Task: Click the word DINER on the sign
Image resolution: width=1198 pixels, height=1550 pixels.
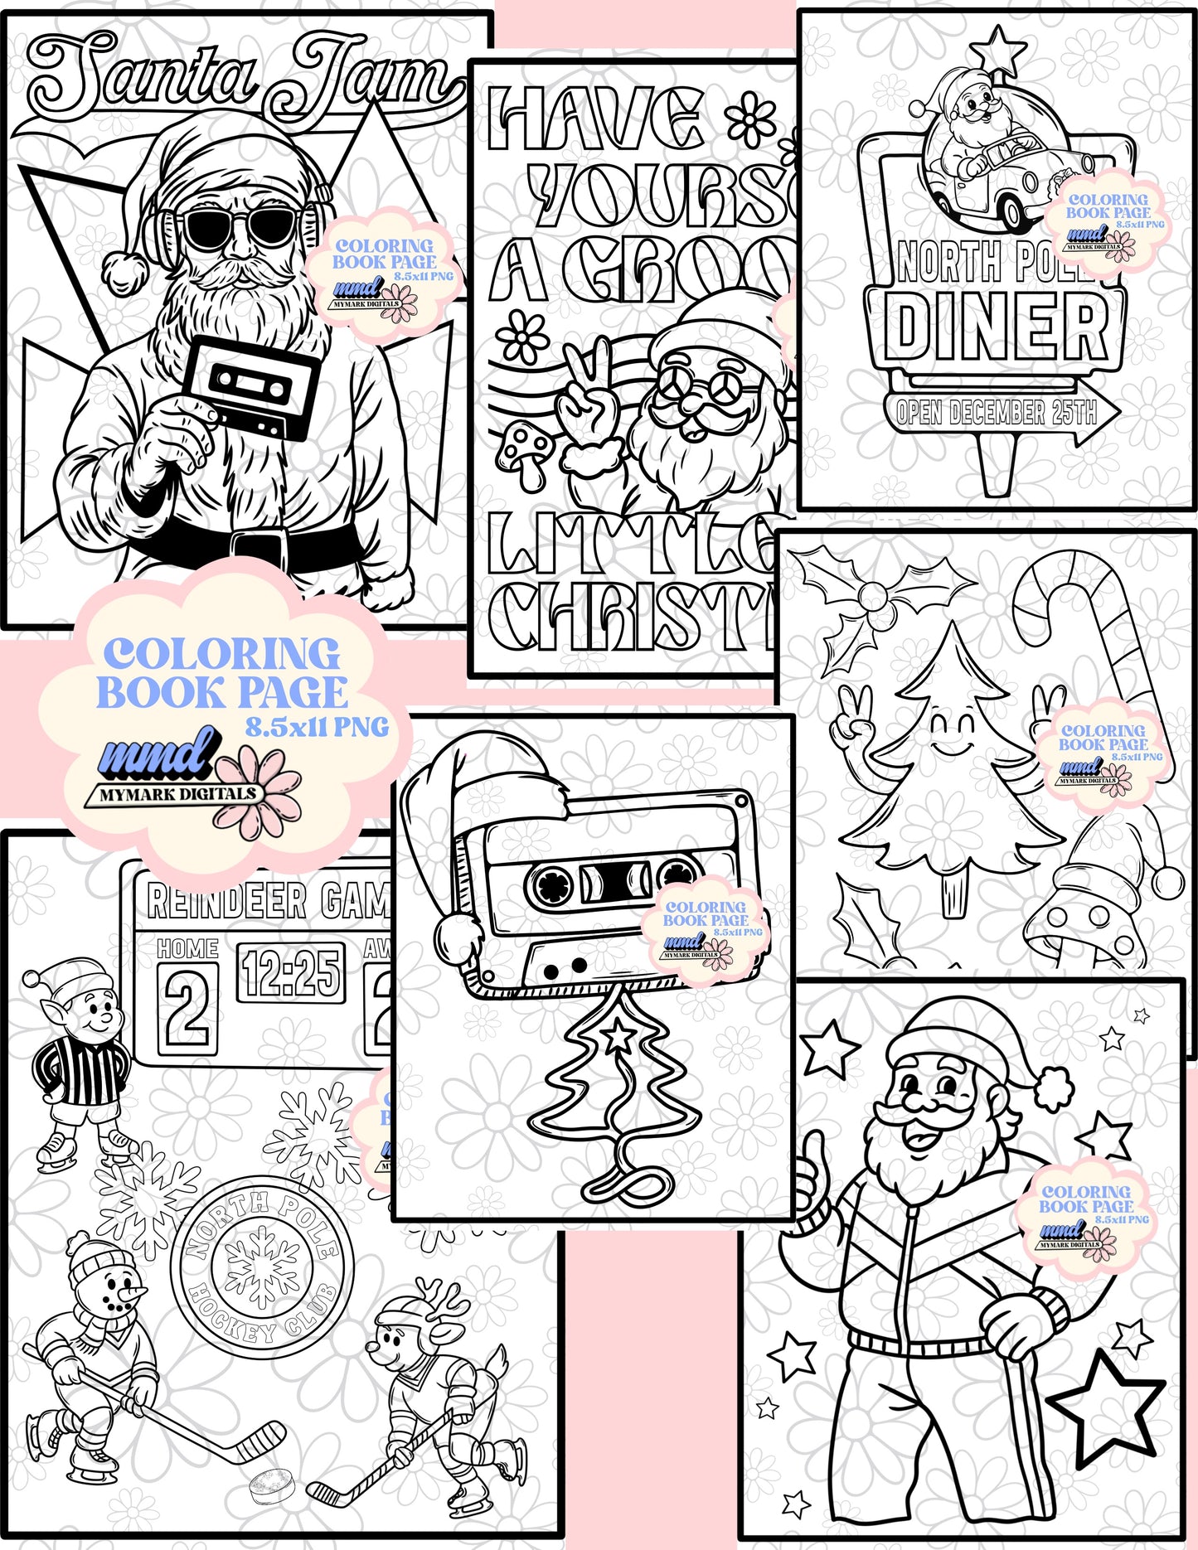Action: pyautogui.click(x=995, y=327)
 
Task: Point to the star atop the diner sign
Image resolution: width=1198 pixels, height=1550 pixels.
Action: pyautogui.click(x=999, y=50)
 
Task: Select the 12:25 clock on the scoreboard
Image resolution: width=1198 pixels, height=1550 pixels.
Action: pyautogui.click(x=291, y=972)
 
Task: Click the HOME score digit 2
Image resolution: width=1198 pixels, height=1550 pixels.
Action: pyautogui.click(x=188, y=1007)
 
